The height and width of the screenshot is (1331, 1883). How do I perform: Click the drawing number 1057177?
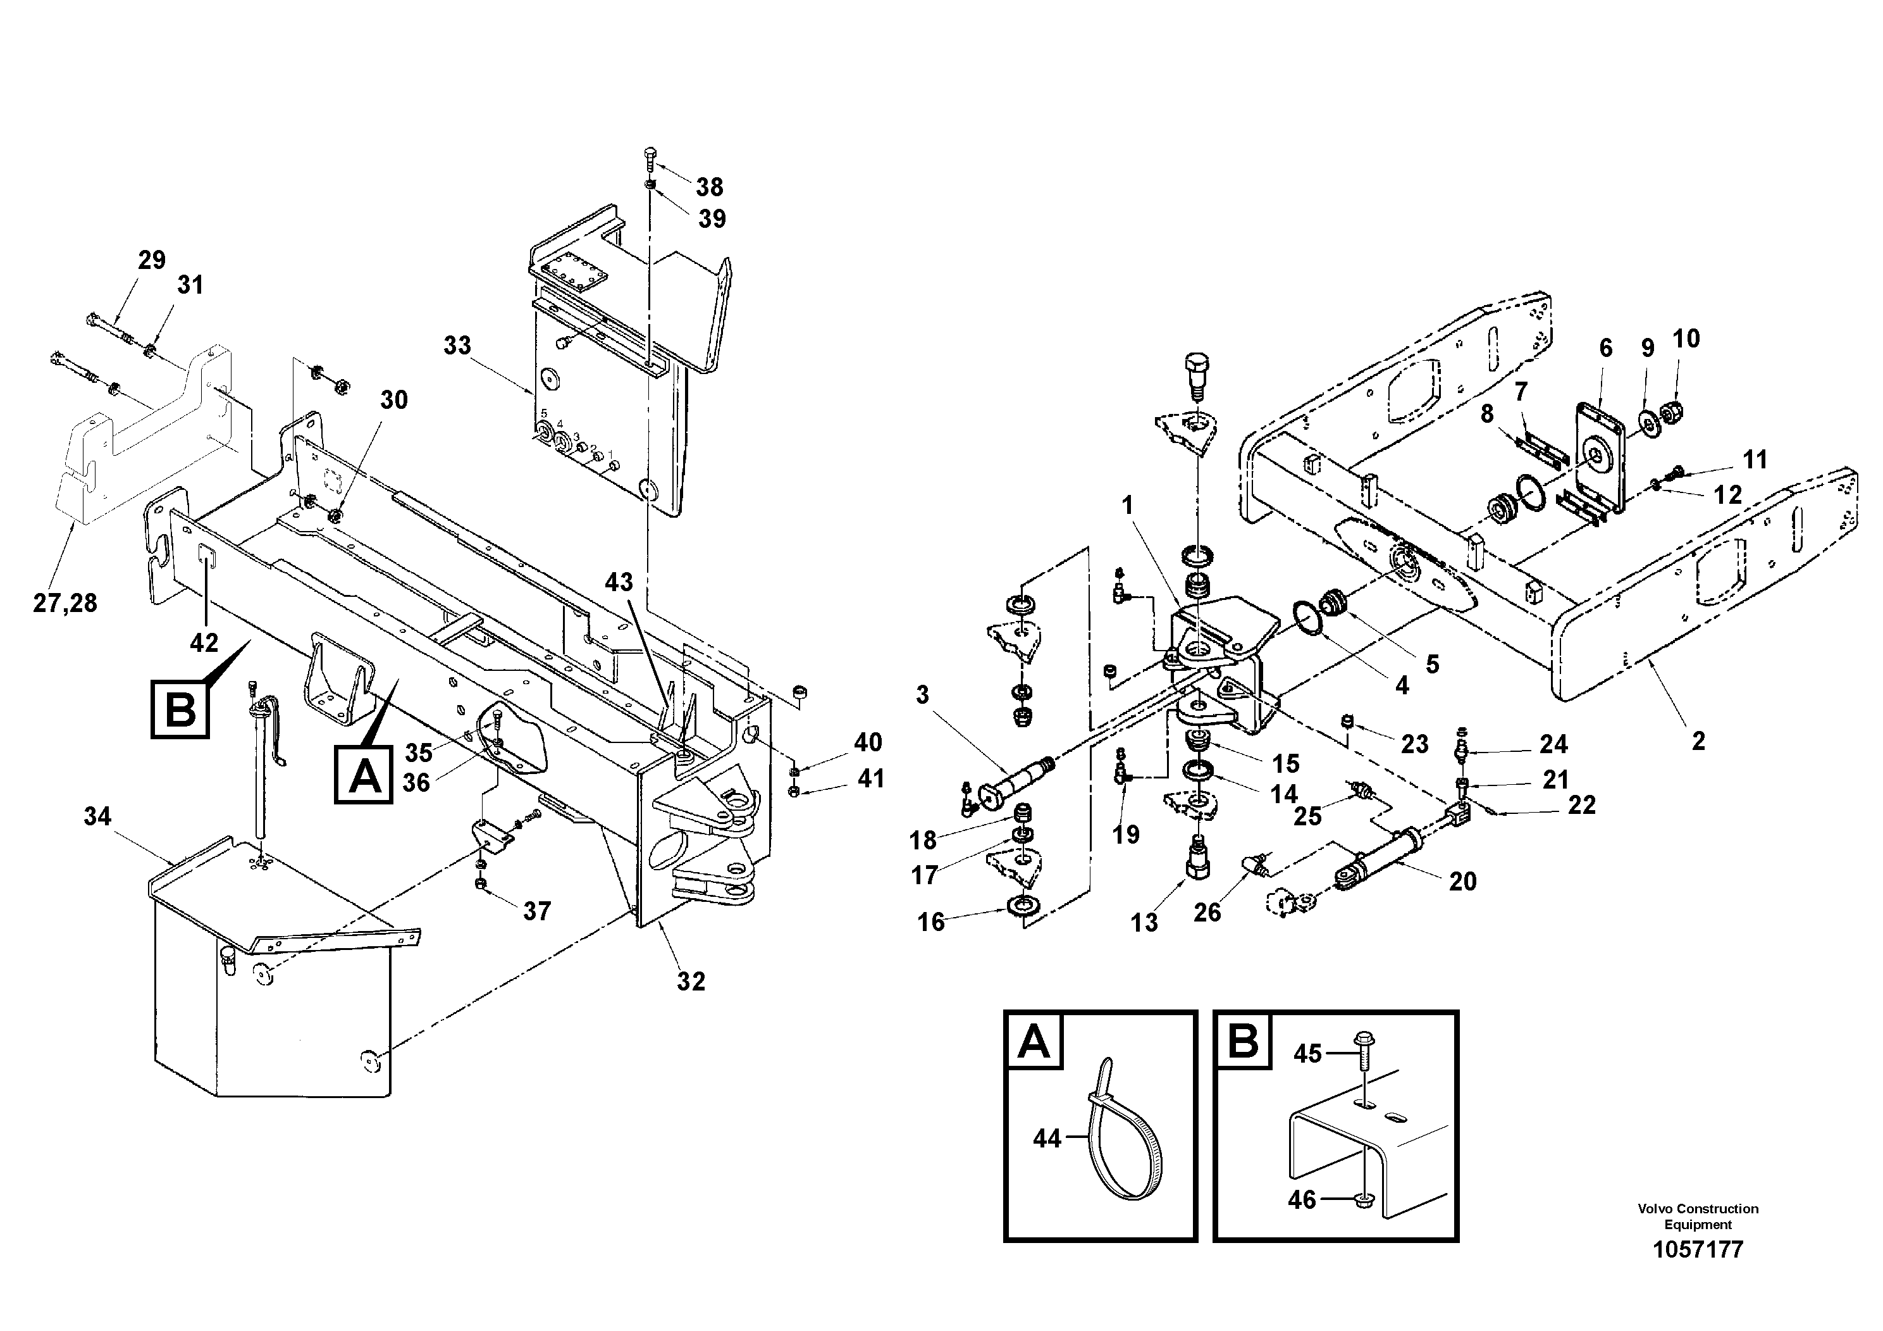(x=1697, y=1250)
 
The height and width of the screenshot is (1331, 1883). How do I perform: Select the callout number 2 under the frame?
(x=1698, y=741)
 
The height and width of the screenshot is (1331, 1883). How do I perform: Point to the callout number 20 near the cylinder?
(x=1462, y=881)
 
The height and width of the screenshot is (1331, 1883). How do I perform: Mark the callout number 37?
(x=537, y=911)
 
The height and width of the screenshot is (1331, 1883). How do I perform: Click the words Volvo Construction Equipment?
(x=1698, y=1216)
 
